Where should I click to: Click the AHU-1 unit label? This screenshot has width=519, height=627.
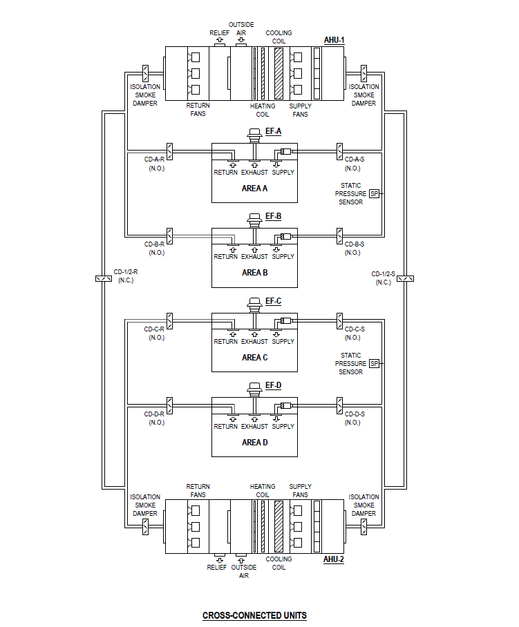pyautogui.click(x=334, y=40)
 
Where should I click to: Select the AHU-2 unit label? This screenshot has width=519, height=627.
pyautogui.click(x=334, y=559)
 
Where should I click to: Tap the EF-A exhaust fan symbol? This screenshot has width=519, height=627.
pyautogui.click(x=254, y=136)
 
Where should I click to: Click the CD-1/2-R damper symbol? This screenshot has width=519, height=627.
pyautogui.click(x=102, y=279)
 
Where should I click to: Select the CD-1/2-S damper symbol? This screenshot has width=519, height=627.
pyautogui.click(x=406, y=279)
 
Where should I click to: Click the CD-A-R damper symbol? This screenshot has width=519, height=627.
pyautogui.click(x=169, y=151)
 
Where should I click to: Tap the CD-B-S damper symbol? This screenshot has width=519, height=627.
pyautogui.click(x=339, y=235)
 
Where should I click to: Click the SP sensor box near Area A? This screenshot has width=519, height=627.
pyautogui.click(x=374, y=194)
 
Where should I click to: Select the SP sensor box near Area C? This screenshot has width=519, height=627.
pyautogui.click(x=374, y=363)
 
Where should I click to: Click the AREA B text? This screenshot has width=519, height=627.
pyautogui.click(x=254, y=273)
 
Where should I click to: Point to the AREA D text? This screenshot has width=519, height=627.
pyautogui.click(x=254, y=443)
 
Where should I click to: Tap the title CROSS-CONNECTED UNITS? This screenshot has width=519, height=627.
pyautogui.click(x=254, y=615)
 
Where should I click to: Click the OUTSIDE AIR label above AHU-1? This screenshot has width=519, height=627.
pyautogui.click(x=241, y=28)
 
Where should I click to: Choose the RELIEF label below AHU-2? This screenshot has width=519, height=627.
pyautogui.click(x=216, y=568)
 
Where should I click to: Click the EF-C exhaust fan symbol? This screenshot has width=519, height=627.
pyautogui.click(x=254, y=306)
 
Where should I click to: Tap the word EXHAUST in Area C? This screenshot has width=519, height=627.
pyautogui.click(x=254, y=342)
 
